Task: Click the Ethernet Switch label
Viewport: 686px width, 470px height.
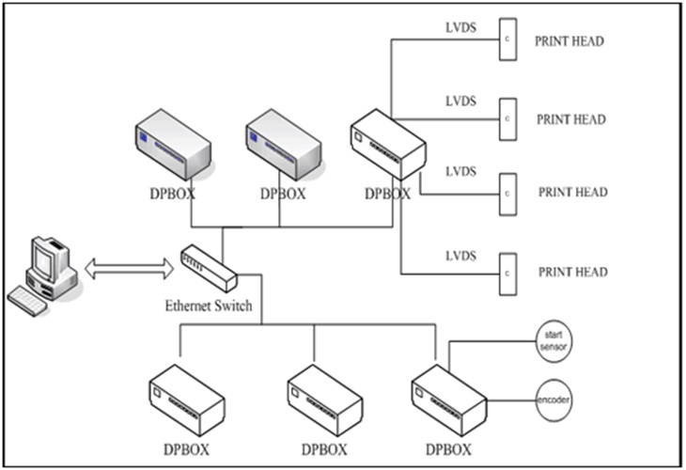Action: coord(209,305)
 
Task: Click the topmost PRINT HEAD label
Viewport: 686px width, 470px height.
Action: coord(569,41)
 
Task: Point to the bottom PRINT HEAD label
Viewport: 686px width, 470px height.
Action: coord(571,272)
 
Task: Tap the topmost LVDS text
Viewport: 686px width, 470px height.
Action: coord(460,28)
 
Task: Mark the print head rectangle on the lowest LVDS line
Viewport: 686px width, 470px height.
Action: coord(507,273)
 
